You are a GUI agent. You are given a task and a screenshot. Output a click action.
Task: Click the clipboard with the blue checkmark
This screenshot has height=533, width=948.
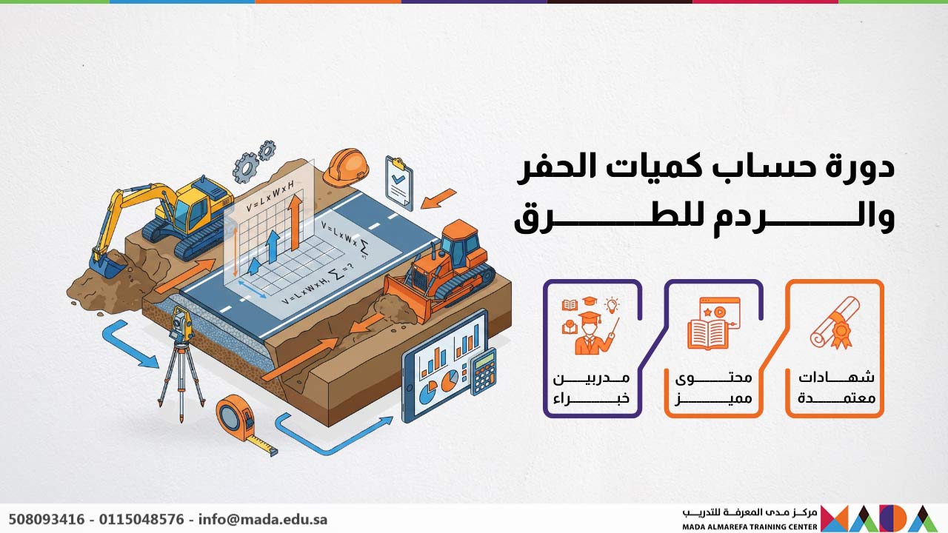(399, 181)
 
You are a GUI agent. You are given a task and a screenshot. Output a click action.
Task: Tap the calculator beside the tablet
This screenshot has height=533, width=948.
(484, 370)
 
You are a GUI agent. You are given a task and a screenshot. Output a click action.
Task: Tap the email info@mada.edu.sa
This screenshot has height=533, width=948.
(263, 519)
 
